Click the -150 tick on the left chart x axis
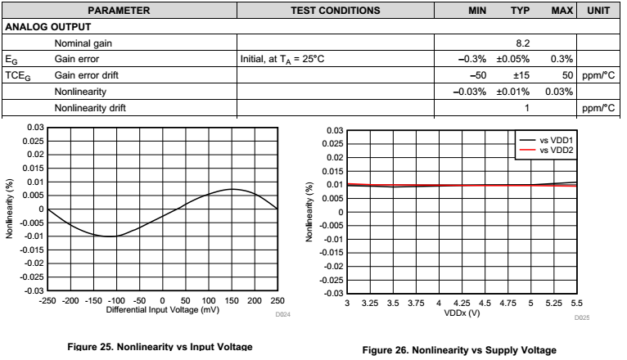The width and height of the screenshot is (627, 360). click(x=93, y=300)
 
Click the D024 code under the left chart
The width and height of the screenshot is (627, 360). click(x=282, y=313)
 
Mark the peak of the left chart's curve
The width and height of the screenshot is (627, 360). click(x=232, y=189)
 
